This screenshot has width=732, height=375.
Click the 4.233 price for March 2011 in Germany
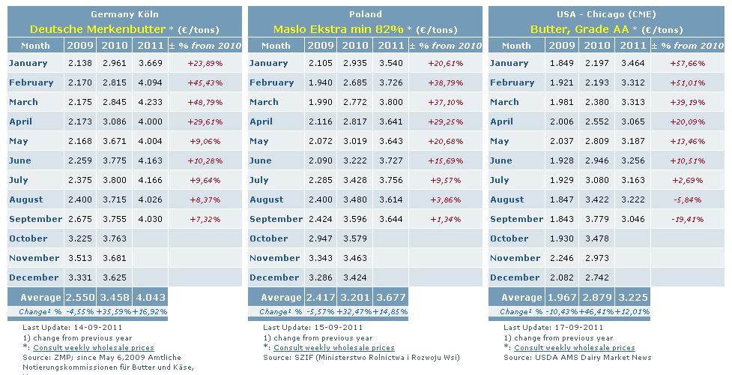[151, 102]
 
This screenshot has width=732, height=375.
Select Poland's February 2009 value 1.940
[320, 82]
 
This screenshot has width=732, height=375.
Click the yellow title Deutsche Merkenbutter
[97, 29]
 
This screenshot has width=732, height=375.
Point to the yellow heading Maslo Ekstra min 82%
[339, 29]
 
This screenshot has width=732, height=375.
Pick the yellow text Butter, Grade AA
[579, 29]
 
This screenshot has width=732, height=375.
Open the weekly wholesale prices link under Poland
[334, 348]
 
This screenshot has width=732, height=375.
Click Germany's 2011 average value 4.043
[150, 298]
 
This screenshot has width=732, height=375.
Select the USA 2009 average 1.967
[561, 298]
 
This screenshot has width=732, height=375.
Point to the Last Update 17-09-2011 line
[553, 327]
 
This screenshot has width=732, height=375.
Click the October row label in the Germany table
[28, 238]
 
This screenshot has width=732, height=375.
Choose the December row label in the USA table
[515, 277]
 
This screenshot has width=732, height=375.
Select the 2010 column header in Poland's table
[355, 45]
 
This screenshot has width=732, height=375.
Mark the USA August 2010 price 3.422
[596, 199]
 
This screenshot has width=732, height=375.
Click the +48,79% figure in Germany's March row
[205, 103]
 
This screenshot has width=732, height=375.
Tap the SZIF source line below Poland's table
[361, 358]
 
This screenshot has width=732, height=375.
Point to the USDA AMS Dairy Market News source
[578, 358]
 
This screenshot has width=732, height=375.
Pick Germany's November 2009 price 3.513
[80, 258]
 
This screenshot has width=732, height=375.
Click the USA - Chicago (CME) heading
[606, 14]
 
